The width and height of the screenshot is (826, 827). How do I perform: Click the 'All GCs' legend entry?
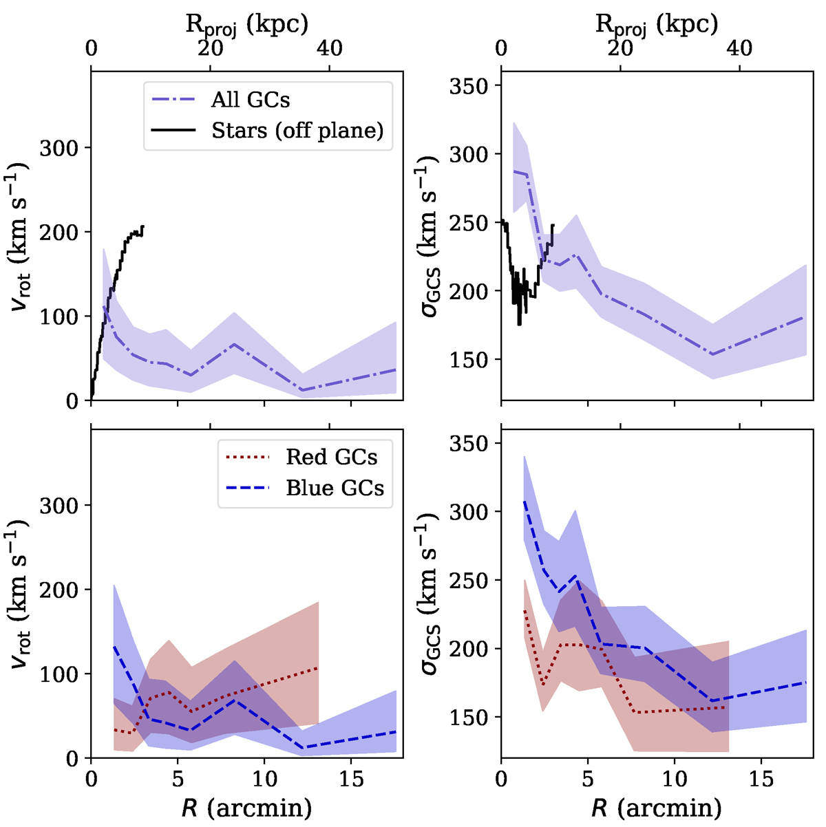[x=250, y=100]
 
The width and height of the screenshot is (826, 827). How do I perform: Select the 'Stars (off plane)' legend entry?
[x=297, y=131]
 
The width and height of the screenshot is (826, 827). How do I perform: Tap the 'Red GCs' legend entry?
[x=331, y=458]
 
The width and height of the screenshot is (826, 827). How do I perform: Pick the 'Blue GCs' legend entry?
[x=335, y=488]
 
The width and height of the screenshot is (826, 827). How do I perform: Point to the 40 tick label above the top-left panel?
[x=330, y=50]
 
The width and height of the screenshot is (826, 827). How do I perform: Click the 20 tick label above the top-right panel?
[x=620, y=50]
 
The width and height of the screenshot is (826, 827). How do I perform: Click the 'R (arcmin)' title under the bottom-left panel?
[x=246, y=806]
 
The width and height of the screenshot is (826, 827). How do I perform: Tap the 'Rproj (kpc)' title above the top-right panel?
[x=657, y=24]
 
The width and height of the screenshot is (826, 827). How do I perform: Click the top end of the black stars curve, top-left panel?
[x=142, y=226]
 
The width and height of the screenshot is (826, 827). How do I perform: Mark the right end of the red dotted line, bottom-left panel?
[x=318, y=667]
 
